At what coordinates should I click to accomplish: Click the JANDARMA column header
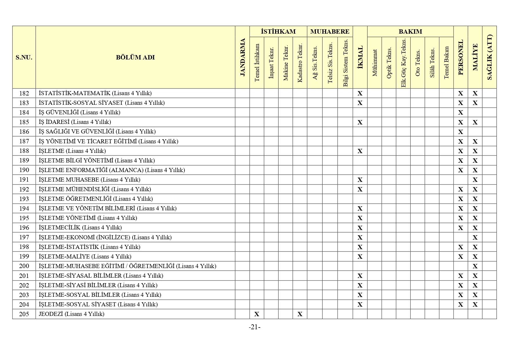click(x=243, y=57)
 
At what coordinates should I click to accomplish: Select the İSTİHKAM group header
click(x=278, y=32)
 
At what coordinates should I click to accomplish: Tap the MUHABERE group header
click(x=330, y=32)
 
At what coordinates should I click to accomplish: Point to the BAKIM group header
click(x=410, y=32)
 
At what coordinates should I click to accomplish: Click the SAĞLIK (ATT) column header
click(x=490, y=57)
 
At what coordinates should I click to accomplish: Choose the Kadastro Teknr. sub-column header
click(x=300, y=63)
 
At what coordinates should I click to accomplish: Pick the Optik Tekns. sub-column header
click(x=389, y=63)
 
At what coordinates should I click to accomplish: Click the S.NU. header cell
click(x=24, y=57)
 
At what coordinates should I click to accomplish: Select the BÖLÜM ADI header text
click(x=135, y=57)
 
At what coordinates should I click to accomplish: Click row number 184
click(x=24, y=112)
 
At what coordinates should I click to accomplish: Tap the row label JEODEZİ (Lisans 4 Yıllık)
click(x=71, y=314)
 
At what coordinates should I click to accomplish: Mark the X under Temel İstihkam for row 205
click(x=257, y=314)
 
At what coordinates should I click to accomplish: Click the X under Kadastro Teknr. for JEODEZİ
click(x=300, y=314)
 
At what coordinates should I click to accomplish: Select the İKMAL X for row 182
click(x=360, y=93)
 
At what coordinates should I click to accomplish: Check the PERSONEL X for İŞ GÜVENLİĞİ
click(x=461, y=113)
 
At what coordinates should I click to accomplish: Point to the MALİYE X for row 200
click(x=475, y=266)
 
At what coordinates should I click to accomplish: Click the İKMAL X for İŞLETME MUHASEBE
click(x=360, y=180)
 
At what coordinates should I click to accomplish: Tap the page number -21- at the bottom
click(x=254, y=327)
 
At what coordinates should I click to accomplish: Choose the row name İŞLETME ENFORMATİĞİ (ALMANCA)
click(x=112, y=170)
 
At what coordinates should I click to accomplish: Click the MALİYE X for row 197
click(x=475, y=237)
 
